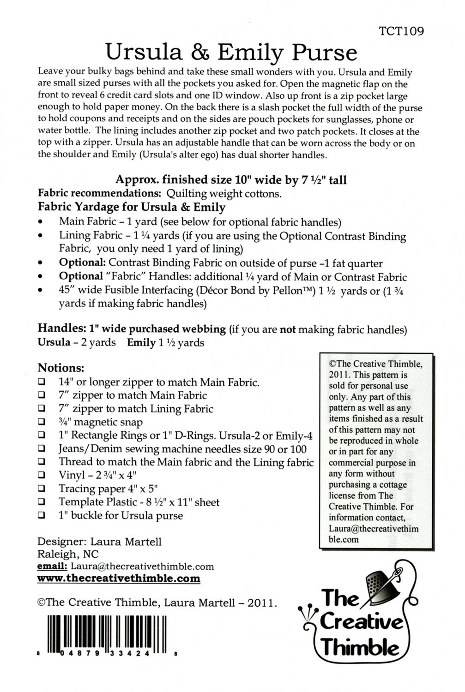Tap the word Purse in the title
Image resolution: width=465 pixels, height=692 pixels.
click(326, 53)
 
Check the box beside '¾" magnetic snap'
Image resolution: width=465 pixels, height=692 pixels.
click(42, 422)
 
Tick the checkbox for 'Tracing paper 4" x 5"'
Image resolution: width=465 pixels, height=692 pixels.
click(42, 489)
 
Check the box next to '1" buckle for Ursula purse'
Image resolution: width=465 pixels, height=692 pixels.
click(42, 516)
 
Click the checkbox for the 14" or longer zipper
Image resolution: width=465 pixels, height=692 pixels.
click(42, 382)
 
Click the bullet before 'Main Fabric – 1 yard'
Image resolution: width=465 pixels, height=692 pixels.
click(42, 222)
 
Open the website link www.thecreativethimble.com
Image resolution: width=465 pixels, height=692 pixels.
click(119, 579)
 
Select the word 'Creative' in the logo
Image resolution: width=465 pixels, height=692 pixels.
click(361, 622)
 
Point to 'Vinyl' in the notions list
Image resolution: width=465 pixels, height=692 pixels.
click(72, 475)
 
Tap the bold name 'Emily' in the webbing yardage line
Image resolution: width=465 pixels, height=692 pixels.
click(142, 343)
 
